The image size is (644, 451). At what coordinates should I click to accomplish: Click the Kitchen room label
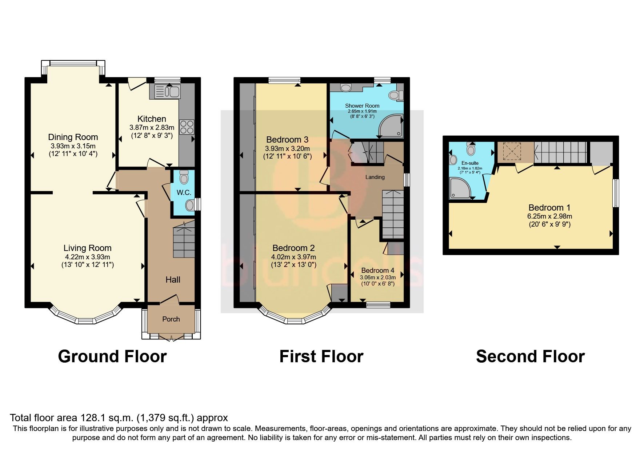tap(152, 119)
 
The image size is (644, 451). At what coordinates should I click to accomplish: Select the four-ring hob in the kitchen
tap(187, 127)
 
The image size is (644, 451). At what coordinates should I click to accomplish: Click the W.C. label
tap(184, 193)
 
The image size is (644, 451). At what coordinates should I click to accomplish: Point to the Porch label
tap(171, 319)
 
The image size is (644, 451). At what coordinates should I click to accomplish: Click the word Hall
tap(173, 280)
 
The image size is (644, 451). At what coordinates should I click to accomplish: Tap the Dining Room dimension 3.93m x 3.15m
tap(73, 146)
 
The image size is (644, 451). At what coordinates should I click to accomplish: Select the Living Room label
tap(87, 248)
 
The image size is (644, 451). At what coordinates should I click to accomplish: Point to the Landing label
tap(375, 177)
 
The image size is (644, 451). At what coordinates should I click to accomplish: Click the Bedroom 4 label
tap(377, 270)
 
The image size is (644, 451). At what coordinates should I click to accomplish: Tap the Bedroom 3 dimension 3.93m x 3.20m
tap(287, 148)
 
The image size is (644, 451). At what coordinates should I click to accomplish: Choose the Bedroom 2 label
tap(293, 248)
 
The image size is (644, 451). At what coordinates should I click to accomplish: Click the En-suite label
tap(470, 163)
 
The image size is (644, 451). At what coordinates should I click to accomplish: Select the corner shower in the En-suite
tap(459, 188)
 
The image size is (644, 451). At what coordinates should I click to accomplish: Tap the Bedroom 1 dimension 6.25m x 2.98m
tap(549, 216)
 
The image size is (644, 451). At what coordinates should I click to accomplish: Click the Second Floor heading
tap(530, 356)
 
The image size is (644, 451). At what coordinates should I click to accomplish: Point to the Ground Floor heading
tap(112, 356)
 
